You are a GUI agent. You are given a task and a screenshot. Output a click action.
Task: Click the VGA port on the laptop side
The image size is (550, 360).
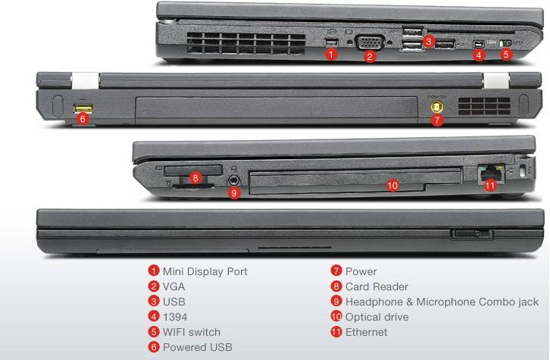tap(370, 42)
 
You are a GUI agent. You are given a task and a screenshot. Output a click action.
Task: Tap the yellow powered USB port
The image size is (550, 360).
tap(83, 109)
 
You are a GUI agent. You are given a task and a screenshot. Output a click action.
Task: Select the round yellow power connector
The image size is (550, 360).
tap(436, 106)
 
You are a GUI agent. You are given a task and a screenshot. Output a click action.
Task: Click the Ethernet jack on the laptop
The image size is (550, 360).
tap(491, 173)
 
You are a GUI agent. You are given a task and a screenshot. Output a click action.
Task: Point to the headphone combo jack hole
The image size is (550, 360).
tap(234, 180)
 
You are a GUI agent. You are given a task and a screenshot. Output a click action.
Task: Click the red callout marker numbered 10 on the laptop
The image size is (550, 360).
tap(392, 185)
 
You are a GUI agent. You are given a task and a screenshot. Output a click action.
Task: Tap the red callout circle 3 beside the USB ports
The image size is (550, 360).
tap(428, 42)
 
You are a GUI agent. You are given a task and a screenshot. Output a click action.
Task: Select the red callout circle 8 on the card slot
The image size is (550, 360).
tap(195, 177)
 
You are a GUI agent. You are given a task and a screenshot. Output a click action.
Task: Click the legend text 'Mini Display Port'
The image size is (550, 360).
tap(205, 271)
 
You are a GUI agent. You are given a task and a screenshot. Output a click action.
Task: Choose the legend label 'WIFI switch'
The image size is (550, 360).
tap(192, 332)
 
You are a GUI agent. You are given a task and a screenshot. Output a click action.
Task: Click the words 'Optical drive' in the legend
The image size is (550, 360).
tap(377, 317)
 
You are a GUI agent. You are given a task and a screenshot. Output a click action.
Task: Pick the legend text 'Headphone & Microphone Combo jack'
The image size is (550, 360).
tap(442, 302)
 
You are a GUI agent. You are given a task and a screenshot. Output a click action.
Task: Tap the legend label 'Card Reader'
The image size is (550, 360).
tap(377, 286)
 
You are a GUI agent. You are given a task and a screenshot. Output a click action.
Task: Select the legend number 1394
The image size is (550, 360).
tap(175, 317)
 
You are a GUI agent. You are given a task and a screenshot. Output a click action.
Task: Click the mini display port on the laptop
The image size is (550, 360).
tap(331, 42)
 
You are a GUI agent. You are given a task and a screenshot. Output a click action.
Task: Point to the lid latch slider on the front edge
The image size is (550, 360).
tap(472, 233)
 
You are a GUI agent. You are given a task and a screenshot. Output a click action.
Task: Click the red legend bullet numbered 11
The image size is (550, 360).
tap(336, 332)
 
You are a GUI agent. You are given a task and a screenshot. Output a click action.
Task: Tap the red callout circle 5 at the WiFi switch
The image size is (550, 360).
tap(505, 55)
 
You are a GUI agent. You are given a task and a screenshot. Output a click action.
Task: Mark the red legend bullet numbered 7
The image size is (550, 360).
tap(336, 271)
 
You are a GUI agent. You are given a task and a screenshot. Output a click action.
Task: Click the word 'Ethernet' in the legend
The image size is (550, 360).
tap(366, 332)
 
